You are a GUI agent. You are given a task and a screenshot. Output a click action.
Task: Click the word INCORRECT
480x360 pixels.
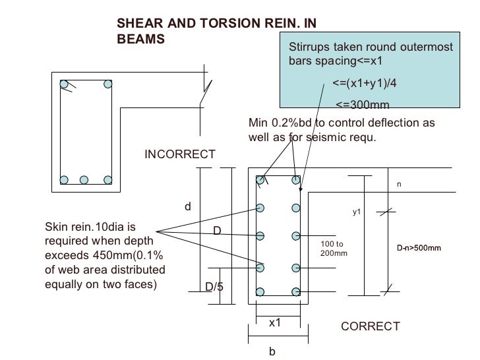180,154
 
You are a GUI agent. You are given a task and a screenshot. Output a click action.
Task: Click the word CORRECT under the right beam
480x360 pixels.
370,326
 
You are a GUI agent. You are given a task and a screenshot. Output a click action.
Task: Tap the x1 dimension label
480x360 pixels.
274,323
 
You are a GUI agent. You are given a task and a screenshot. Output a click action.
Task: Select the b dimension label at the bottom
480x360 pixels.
271,352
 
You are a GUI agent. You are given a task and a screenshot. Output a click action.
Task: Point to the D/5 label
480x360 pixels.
214,287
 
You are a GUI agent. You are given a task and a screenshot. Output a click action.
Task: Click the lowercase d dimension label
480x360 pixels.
187,206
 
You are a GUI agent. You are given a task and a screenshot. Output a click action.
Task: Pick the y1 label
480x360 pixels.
359,212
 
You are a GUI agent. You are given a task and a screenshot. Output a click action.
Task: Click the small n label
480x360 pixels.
398,185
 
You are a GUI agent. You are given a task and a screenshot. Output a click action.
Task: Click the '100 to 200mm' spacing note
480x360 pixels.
333,249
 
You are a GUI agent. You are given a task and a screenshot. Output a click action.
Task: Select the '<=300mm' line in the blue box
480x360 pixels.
363,104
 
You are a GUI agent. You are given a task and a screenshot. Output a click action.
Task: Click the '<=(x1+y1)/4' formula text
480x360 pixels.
365,84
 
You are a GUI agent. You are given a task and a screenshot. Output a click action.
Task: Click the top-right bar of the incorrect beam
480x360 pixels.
107,84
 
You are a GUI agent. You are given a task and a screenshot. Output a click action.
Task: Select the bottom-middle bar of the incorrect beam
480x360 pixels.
84,179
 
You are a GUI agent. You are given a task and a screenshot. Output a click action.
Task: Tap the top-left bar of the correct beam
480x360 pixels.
261,179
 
